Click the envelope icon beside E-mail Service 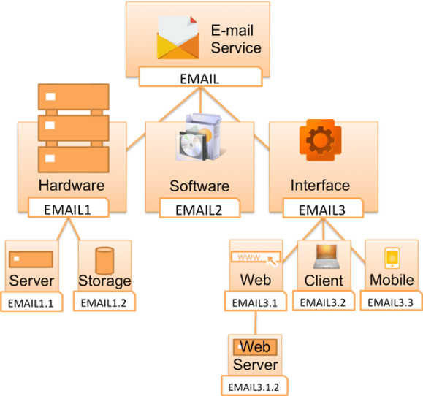click(178, 39)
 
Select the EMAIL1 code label click(67, 208)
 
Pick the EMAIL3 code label click(323, 209)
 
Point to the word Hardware click(71, 185)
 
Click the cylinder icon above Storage click(105, 260)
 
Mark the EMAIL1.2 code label click(105, 301)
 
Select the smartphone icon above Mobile click(392, 258)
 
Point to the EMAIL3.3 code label click(392, 301)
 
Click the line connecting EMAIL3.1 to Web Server click(255, 321)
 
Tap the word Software click(199, 186)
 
